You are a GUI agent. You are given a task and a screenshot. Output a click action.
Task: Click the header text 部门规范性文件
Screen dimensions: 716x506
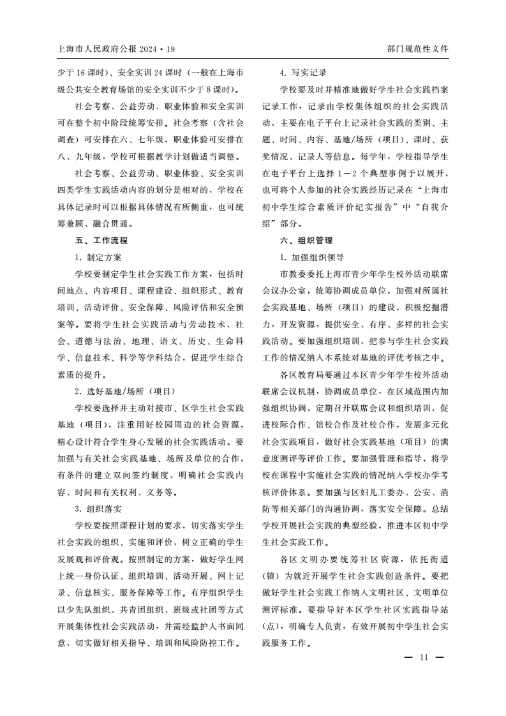point(418,48)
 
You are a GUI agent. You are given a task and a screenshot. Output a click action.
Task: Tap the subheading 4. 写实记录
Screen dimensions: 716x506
point(304,72)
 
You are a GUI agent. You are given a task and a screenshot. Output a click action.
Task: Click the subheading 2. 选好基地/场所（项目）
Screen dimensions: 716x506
point(125,391)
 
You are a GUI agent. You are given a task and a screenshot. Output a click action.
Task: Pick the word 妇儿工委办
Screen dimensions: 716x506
point(361,491)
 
